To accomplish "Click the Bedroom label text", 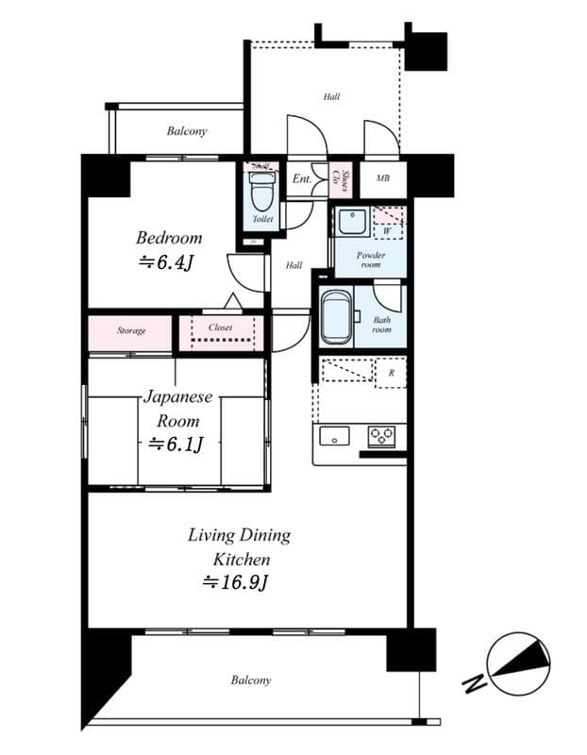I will (169, 238).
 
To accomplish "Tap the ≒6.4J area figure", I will (166, 262).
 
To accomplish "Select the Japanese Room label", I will (176, 410).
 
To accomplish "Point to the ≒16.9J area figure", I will (235, 582).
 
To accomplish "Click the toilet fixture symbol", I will (263, 194).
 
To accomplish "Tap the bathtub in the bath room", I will (335, 319).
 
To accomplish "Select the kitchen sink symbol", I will (334, 435).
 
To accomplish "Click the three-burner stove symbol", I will (382, 435).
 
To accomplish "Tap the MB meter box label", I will (384, 179).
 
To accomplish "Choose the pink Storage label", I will (131, 331).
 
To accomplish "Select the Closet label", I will (220, 327).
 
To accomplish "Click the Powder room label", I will (369, 260).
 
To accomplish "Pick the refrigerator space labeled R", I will (391, 373).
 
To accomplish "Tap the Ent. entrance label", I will (302, 179).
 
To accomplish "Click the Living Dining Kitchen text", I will (239, 547).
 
